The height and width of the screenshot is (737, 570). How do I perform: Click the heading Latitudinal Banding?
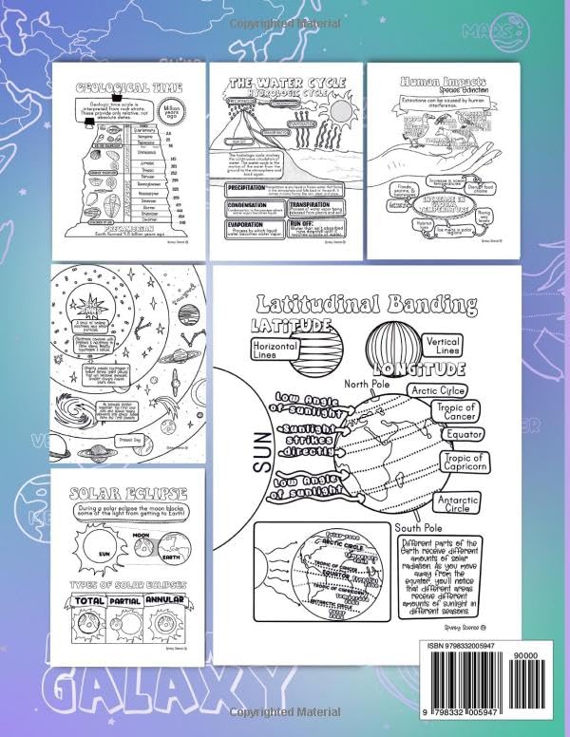(x=365, y=305)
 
